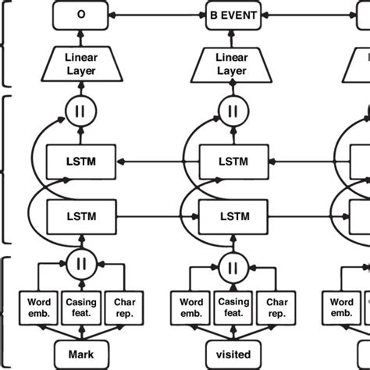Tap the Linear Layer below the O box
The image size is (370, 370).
tap(82, 65)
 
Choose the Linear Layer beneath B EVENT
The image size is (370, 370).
tap(232, 65)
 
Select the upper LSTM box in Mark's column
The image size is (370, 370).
tap(82, 161)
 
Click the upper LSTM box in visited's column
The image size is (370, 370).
tap(232, 161)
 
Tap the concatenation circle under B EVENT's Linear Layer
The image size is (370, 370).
tap(232, 110)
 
